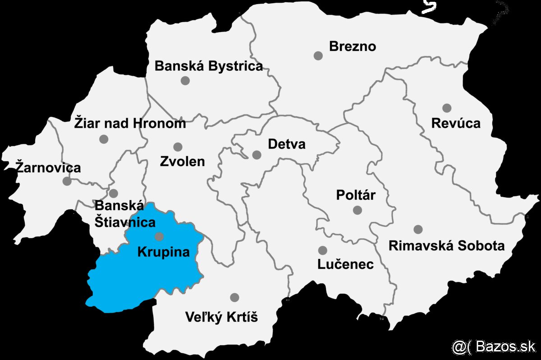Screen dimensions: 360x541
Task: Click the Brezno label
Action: point(353,46)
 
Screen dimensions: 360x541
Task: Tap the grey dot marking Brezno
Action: point(318,56)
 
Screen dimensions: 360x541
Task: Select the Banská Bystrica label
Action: point(208,66)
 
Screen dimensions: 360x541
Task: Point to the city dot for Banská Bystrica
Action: point(185,81)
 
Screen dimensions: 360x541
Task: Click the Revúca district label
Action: point(456,123)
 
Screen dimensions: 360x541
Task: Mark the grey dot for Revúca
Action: point(447,108)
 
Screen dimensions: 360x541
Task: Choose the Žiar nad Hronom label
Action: point(130,123)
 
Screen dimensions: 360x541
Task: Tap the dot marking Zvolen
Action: point(178,147)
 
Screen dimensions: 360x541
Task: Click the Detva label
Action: point(286,144)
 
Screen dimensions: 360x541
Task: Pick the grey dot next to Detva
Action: point(257,155)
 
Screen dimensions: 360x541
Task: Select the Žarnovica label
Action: point(48,168)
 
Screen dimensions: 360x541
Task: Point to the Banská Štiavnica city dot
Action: point(114,194)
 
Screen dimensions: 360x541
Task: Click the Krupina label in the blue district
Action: point(163,251)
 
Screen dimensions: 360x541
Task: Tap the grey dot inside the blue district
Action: point(159,236)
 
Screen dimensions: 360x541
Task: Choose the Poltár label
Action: point(356,195)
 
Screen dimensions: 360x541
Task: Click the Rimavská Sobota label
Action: point(446,246)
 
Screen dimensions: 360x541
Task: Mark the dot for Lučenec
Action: point(322,250)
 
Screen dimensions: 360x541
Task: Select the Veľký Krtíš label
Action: point(221,318)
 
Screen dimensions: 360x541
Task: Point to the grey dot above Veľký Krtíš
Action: point(234,297)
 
